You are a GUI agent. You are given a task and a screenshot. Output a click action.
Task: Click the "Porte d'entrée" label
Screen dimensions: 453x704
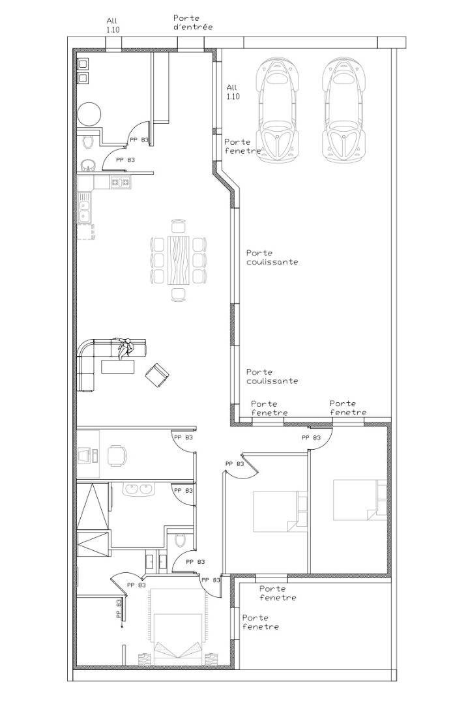(193, 22)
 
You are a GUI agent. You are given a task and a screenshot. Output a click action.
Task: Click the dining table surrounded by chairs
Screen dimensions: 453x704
(178, 260)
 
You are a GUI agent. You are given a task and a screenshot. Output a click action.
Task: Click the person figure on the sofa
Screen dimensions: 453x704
(124, 348)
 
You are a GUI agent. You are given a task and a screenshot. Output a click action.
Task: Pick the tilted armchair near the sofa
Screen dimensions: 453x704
(157, 374)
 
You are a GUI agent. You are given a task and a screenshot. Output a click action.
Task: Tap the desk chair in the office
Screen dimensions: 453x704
(117, 456)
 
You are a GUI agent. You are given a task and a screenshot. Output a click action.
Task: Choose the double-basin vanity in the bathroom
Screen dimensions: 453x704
(138, 489)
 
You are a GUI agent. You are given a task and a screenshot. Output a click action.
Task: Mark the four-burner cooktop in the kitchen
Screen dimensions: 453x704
(121, 182)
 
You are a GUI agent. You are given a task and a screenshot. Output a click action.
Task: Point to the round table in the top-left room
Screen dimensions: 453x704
(89, 113)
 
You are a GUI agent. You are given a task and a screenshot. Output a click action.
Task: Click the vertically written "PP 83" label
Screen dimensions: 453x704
(119, 609)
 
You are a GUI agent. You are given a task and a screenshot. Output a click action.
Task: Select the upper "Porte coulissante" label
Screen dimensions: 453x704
(272, 257)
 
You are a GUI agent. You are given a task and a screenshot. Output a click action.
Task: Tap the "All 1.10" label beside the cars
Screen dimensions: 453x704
(233, 92)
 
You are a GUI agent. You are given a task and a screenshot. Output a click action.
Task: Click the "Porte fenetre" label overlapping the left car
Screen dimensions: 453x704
(242, 147)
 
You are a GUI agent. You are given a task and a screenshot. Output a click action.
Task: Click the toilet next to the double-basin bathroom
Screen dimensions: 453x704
(181, 539)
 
